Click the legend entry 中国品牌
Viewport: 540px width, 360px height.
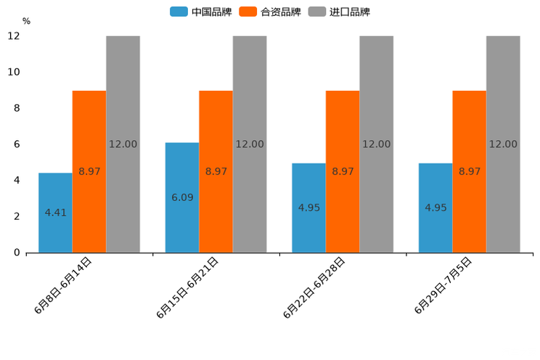point(201,12)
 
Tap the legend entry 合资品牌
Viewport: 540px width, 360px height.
point(270,12)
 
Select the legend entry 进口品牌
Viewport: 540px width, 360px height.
point(340,12)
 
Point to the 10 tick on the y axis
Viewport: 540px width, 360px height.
point(15,73)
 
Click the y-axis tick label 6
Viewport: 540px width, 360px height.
point(17,144)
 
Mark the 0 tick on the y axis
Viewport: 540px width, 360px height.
point(17,253)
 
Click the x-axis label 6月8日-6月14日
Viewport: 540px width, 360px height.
point(63,285)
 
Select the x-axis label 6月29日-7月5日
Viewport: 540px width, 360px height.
point(443,285)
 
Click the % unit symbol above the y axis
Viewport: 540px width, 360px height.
point(26,22)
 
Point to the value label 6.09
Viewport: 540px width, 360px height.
point(182,197)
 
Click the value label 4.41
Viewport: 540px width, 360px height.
point(56,213)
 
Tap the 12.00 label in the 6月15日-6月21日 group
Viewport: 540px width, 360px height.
point(250,144)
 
